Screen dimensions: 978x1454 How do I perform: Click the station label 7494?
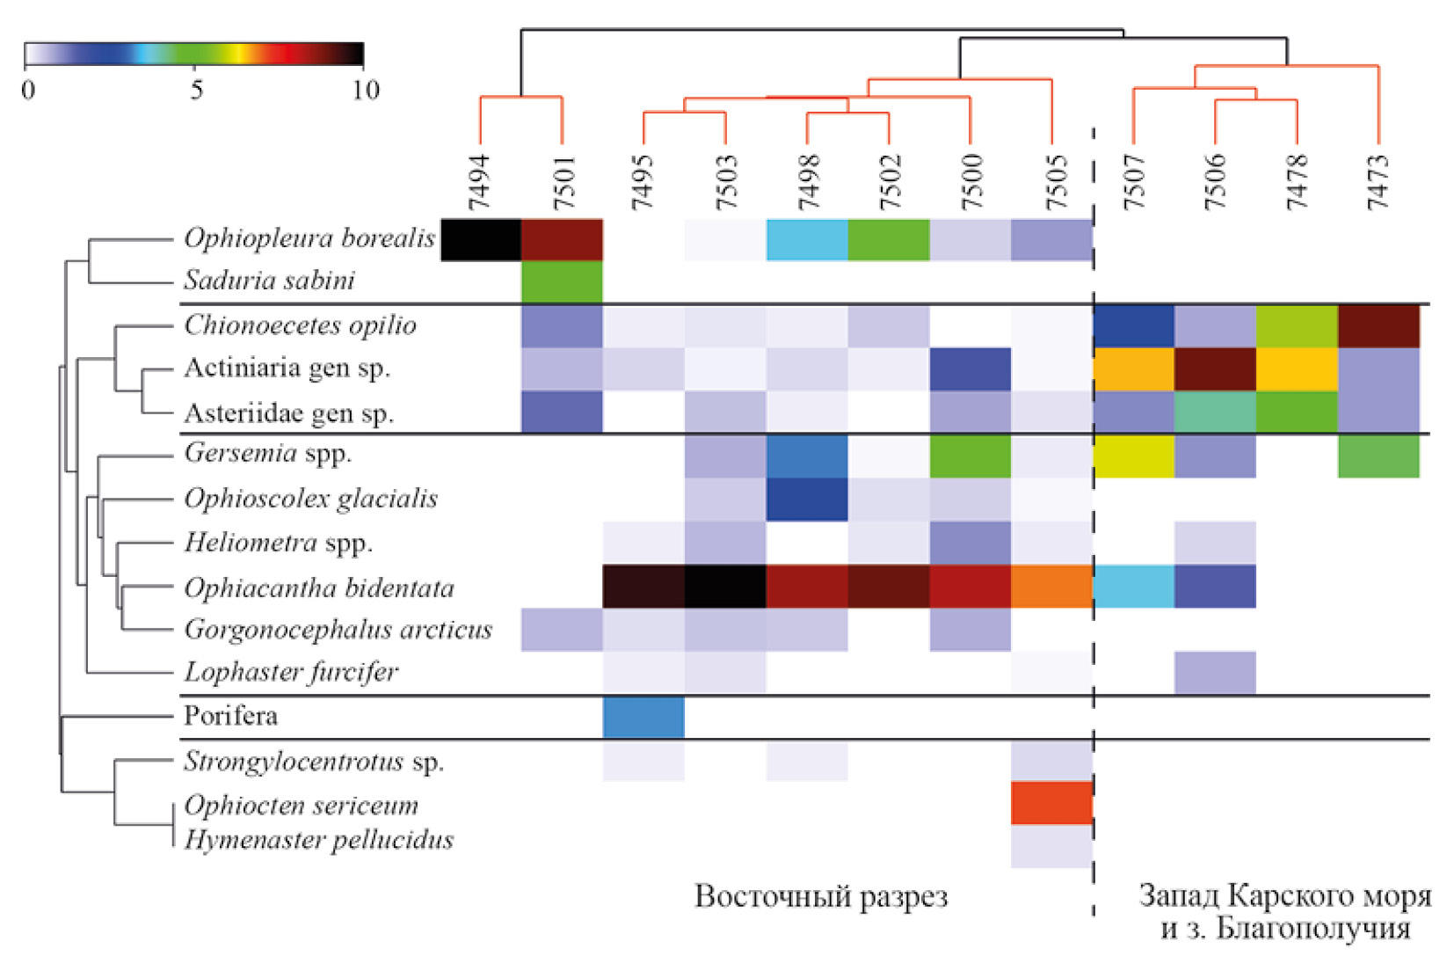[479, 183]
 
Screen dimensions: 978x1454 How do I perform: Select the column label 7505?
[1053, 183]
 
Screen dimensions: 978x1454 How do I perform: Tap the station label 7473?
[1378, 183]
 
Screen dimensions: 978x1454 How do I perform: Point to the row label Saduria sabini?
[269, 281]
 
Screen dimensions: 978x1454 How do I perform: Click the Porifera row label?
[230, 716]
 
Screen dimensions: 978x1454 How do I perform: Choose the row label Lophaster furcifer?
[291, 672]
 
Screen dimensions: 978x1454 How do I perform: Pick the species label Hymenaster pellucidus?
[319, 840]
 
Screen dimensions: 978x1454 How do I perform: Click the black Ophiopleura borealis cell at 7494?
[481, 240]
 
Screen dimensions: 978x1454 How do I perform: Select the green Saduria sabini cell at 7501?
[562, 282]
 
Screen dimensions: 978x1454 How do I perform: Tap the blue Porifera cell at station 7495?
[643, 717]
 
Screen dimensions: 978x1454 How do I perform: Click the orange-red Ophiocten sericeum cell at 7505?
[1051, 803]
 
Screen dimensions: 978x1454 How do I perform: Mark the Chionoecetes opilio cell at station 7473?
[1378, 325]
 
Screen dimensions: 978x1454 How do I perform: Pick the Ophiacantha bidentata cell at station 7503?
[725, 587]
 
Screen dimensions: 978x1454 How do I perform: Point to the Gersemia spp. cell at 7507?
[1134, 456]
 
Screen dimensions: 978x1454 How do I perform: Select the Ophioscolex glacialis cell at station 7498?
[807, 499]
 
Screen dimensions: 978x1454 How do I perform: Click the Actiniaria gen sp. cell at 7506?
[1215, 369]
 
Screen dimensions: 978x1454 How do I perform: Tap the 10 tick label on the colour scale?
[366, 90]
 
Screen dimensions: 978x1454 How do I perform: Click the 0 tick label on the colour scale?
[28, 90]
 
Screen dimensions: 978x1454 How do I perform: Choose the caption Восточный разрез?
[821, 896]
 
